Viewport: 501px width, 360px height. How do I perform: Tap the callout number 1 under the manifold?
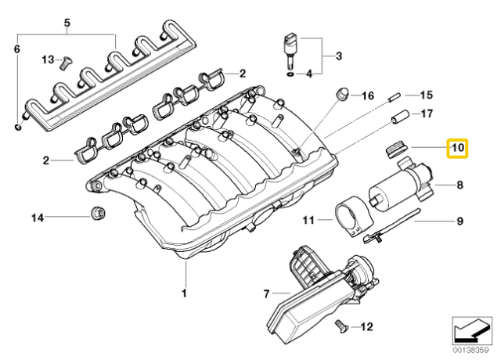[186, 293]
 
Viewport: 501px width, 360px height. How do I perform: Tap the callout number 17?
[427, 113]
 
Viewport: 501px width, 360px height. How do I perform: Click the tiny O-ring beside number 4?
[291, 74]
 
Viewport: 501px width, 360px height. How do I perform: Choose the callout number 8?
[460, 185]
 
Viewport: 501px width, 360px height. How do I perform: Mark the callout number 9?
[460, 221]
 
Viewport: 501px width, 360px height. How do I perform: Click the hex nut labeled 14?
[98, 211]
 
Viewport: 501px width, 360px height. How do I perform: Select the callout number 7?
[266, 293]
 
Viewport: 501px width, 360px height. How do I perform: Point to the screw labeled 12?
[339, 324]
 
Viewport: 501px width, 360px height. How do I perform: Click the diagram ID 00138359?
[471, 351]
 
